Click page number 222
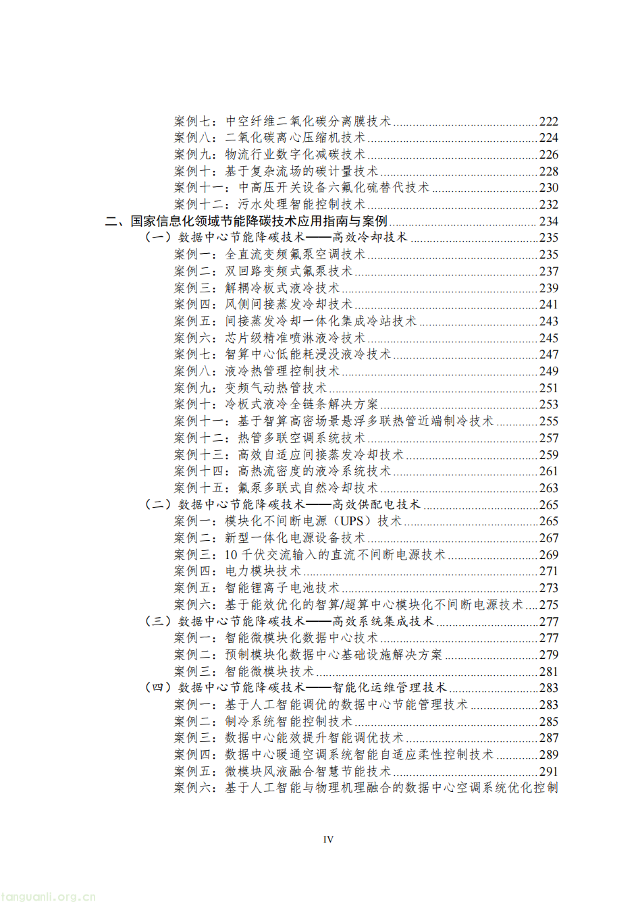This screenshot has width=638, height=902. pyautogui.click(x=548, y=122)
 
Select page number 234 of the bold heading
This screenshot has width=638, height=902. pyautogui.click(x=548, y=221)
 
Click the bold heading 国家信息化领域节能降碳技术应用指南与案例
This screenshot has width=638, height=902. pyautogui.click(x=259, y=221)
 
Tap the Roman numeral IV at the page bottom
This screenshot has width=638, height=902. pyautogui.click(x=328, y=839)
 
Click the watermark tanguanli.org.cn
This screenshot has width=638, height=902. pyautogui.click(x=49, y=896)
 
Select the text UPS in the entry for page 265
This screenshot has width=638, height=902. pyautogui.click(x=351, y=521)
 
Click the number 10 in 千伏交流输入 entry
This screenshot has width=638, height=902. pyautogui.click(x=231, y=555)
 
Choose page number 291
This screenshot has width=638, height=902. pyautogui.click(x=548, y=772)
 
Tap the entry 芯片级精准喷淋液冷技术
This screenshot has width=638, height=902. pyautogui.click(x=294, y=338)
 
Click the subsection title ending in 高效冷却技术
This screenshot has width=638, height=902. pyautogui.click(x=292, y=238)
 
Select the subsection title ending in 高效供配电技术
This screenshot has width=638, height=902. pyautogui.click(x=298, y=504)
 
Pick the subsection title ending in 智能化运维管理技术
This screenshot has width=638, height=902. pyautogui.click(x=312, y=688)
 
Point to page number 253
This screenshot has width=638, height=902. pyautogui.click(x=548, y=404)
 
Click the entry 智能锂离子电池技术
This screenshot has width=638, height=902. pyautogui.click(x=282, y=588)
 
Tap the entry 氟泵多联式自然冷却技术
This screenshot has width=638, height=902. pyautogui.click(x=307, y=488)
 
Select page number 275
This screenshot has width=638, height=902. pyautogui.click(x=548, y=605)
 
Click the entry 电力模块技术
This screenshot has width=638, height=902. pyautogui.click(x=263, y=571)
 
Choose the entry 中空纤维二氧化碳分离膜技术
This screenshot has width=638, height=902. pyautogui.click(x=307, y=122)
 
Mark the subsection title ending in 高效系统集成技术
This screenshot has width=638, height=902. pyautogui.click(x=305, y=621)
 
